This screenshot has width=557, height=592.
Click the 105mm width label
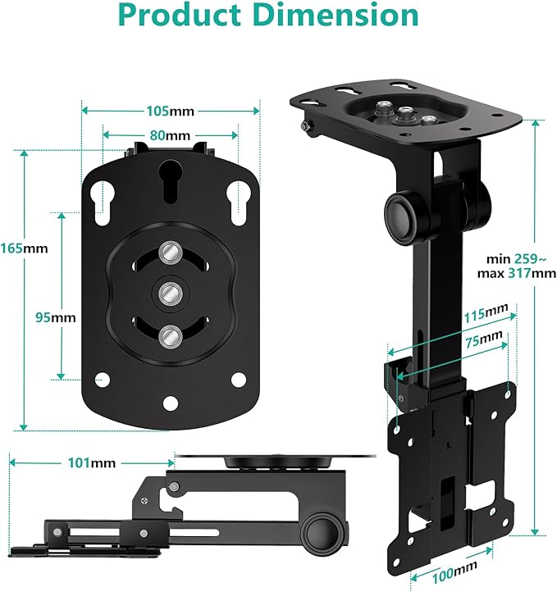click(x=170, y=111)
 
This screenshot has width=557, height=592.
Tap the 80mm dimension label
click(x=170, y=135)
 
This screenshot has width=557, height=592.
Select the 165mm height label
click(x=24, y=248)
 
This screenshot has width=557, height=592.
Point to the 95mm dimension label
click(x=56, y=317)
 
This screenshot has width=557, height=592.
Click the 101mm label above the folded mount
click(x=92, y=463)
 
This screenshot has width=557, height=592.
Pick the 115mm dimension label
click(x=486, y=313)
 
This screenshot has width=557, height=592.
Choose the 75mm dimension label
click(x=484, y=339)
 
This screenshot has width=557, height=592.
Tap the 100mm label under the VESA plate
click(x=454, y=572)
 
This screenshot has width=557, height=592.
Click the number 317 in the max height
click(x=519, y=272)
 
